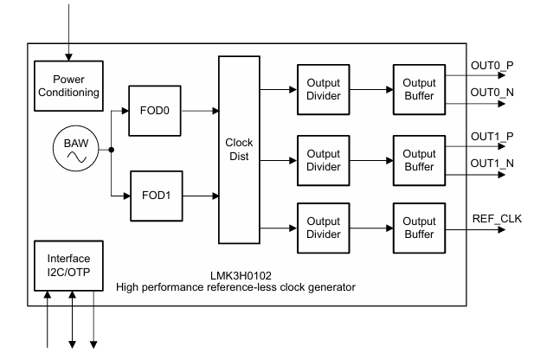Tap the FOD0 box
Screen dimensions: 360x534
click(155, 112)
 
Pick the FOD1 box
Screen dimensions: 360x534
click(155, 195)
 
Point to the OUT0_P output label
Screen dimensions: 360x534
click(493, 65)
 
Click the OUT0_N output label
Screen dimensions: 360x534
click(493, 93)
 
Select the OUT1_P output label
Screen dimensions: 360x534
click(493, 137)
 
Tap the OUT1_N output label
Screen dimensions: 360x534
click(493, 164)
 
